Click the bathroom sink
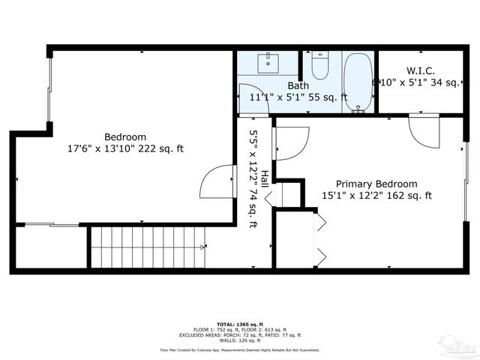[x=268, y=63]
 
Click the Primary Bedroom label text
[x=376, y=184]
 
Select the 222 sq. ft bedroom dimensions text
[x=125, y=148]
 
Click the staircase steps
[x=148, y=247]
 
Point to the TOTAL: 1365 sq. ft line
[x=239, y=324]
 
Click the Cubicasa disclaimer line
[x=239, y=349]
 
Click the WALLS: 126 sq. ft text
[x=239, y=340]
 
